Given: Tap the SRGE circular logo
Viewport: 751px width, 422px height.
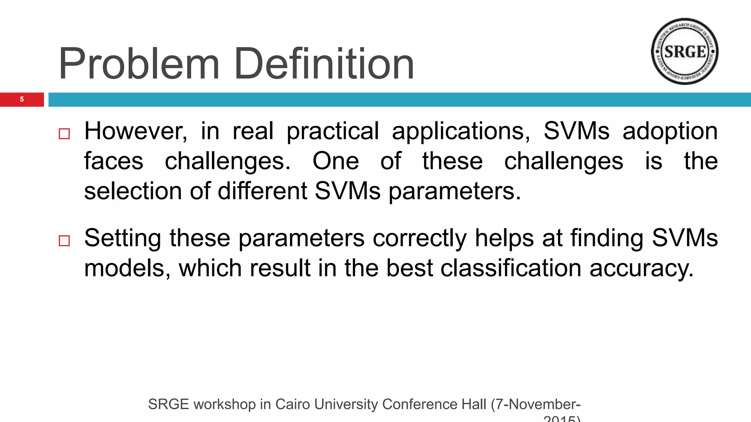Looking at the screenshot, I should (x=685, y=51).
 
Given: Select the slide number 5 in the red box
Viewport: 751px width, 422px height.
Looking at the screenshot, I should (x=22, y=99).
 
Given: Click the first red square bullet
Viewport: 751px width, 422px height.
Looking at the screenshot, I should (x=64, y=134).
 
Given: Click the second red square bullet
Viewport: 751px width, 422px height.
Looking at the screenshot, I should (x=64, y=241).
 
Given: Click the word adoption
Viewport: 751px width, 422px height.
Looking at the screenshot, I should (x=670, y=131).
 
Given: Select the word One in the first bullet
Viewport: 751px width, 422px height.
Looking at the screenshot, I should (x=336, y=161).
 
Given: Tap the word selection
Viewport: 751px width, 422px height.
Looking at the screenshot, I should (x=133, y=191).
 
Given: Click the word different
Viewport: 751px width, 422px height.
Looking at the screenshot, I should (x=262, y=191).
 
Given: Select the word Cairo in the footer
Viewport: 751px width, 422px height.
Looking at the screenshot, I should (x=292, y=404).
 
